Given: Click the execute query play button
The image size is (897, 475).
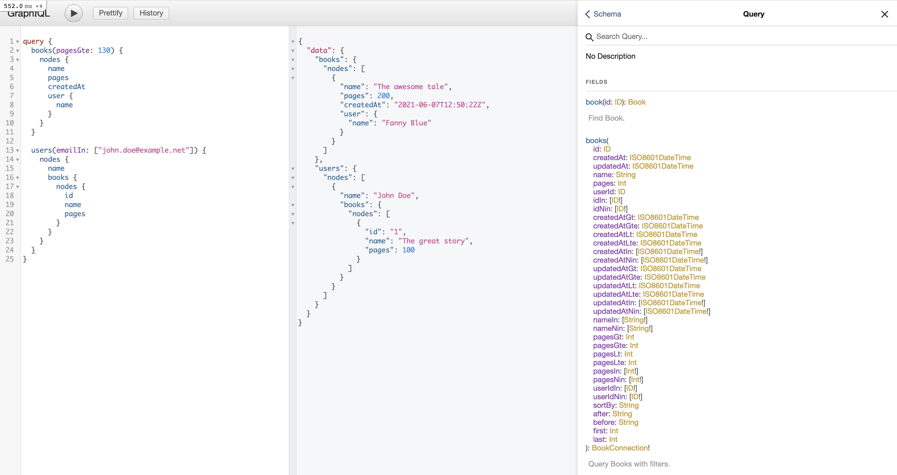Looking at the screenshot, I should [73, 14].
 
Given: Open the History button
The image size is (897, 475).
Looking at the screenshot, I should [151, 13].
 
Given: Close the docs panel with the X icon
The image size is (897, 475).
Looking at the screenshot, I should [884, 14].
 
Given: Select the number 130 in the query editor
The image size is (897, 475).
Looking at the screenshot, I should [104, 50].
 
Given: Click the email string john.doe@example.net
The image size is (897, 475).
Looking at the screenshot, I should [143, 150].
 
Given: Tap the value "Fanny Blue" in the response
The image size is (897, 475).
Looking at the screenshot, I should [406, 123].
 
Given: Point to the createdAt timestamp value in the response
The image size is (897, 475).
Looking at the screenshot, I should [440, 105].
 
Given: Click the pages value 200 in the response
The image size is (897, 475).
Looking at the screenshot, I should [383, 96].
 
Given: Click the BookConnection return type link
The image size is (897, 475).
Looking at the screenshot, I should [620, 448].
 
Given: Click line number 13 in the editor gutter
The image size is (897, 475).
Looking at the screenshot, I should [10, 150].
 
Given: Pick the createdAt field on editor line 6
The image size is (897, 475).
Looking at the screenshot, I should [66, 87].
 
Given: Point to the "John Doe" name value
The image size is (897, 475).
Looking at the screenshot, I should [394, 196].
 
